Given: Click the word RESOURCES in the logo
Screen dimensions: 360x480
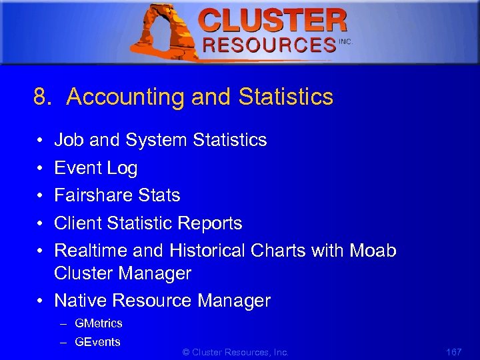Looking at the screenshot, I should tap(269, 45).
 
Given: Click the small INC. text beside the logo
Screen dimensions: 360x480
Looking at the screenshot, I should tap(345, 41).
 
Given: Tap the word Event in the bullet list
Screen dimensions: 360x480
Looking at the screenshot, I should tap(77, 168).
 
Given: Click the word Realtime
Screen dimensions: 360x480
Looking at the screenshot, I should tap(91, 251).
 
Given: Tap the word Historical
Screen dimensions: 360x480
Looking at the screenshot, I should tap(207, 251).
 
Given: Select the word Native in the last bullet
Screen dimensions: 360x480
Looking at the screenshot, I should tap(80, 301).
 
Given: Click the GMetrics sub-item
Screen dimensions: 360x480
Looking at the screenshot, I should tap(99, 323).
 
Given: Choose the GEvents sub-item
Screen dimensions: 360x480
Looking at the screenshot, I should tap(97, 342).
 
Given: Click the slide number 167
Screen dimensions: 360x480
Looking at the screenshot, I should tap(453, 351).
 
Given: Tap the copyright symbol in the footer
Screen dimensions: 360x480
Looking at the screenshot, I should tap(185, 352).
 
